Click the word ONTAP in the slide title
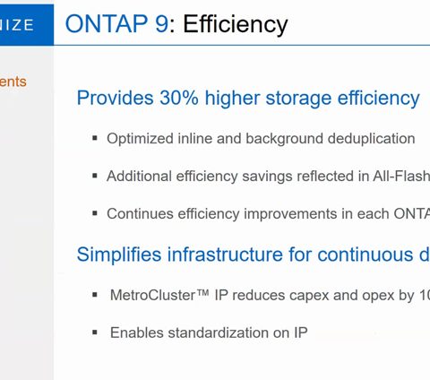click(x=107, y=23)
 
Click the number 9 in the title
click(x=161, y=23)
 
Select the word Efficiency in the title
click(x=236, y=25)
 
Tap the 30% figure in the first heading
click(x=179, y=98)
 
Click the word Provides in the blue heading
click(x=116, y=98)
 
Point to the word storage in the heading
click(x=298, y=99)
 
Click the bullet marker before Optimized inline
click(x=95, y=138)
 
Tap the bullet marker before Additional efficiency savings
click(x=95, y=176)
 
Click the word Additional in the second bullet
click(x=139, y=176)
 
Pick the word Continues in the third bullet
click(x=140, y=213)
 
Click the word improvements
click(x=290, y=214)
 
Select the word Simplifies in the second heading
click(x=119, y=255)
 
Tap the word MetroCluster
click(x=152, y=295)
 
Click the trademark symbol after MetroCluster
click(x=202, y=292)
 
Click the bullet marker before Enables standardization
click(x=95, y=332)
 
